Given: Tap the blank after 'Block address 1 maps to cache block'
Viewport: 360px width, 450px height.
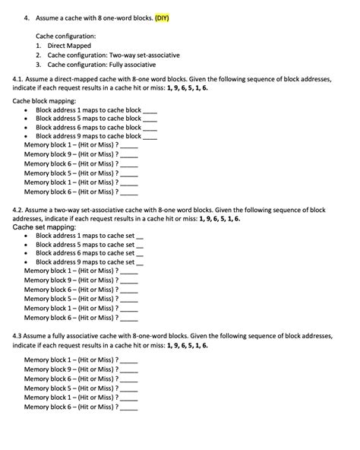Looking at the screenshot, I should [x=150, y=109].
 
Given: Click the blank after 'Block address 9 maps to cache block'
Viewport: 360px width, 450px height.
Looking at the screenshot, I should [x=150, y=137].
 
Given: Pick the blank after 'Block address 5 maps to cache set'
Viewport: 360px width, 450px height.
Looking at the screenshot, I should [x=139, y=245].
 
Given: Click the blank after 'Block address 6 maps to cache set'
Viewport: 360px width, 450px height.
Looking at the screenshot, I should [x=139, y=253].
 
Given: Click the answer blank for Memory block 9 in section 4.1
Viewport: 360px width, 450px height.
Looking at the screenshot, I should [x=129, y=154].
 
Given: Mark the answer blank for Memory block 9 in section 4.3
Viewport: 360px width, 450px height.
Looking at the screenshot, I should [x=129, y=369].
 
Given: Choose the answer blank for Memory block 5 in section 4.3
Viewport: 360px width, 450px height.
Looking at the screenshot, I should [x=129, y=388].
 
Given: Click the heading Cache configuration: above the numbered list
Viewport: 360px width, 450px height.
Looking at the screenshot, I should [x=66, y=36].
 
